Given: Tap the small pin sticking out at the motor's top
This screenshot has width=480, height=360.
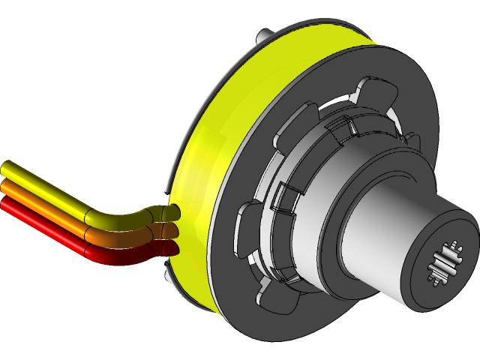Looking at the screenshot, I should click(x=262, y=35).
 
